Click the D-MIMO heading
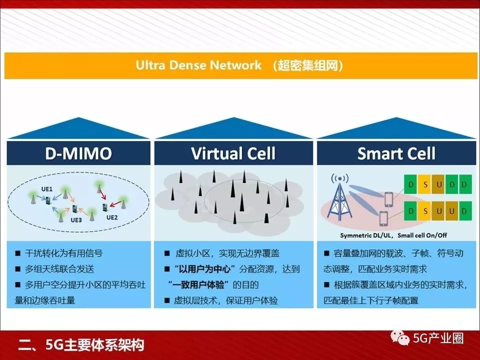pyautogui.click(x=78, y=153)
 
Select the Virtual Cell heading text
pyautogui.click(x=233, y=153)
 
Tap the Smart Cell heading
pyautogui.click(x=396, y=153)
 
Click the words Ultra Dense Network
pyautogui.click(x=198, y=65)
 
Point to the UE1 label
pyautogui.click(x=47, y=189)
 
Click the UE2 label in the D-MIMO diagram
pyautogui.click(x=112, y=217)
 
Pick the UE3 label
pyautogui.click(x=76, y=220)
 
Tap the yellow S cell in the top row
pyautogui.click(x=425, y=184)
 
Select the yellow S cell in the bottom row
pyautogui.click(x=425, y=211)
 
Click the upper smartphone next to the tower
pyautogui.click(x=388, y=199)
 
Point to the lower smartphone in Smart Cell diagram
pyautogui.click(x=383, y=218)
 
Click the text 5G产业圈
pyautogui.click(x=438, y=338)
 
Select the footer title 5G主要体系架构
pyautogui.click(x=94, y=345)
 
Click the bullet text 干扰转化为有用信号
pyautogui.click(x=63, y=253)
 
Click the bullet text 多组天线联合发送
pyautogui.click(x=59, y=269)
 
